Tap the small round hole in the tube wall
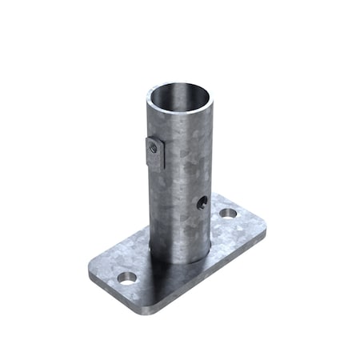(x=202, y=203)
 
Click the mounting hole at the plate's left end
(x=126, y=278)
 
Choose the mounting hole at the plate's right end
(x=229, y=214)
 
